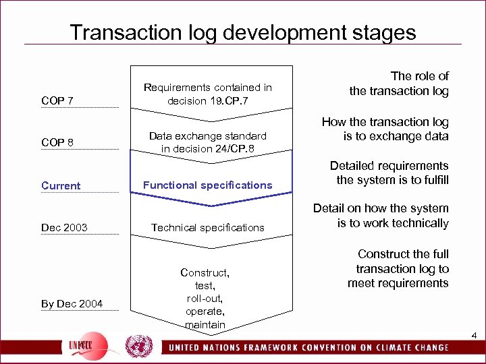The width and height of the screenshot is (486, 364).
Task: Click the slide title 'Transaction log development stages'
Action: [x=243, y=32]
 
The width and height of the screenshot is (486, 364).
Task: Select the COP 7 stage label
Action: [x=57, y=101]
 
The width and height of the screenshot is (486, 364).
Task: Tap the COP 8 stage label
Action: [x=57, y=143]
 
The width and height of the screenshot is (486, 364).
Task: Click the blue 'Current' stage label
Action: [x=61, y=185]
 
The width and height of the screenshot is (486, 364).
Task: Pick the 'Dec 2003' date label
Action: [x=64, y=228]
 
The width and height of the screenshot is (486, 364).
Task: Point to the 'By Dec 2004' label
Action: [x=72, y=304]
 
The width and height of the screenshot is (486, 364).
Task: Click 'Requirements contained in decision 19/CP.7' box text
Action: [x=208, y=94]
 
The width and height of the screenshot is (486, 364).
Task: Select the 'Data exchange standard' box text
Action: [x=208, y=136]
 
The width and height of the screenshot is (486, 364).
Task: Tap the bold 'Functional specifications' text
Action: [x=208, y=185]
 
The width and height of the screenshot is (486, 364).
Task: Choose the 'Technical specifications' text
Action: [x=208, y=228]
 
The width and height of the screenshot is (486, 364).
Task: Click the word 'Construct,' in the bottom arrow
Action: [x=205, y=272]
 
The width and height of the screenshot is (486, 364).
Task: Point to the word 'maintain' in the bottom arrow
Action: [x=205, y=324]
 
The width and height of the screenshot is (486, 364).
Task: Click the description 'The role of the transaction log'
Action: [x=399, y=84]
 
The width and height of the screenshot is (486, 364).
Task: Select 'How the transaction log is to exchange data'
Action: [x=385, y=129]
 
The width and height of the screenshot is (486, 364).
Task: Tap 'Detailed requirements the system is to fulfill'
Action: [x=389, y=173]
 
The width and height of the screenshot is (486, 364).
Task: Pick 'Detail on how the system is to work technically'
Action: [x=381, y=216]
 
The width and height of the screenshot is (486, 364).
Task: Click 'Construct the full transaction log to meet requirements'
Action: [x=398, y=268]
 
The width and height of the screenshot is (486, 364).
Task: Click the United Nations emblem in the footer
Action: [x=139, y=346]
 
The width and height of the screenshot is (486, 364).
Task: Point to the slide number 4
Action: [x=475, y=336]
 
